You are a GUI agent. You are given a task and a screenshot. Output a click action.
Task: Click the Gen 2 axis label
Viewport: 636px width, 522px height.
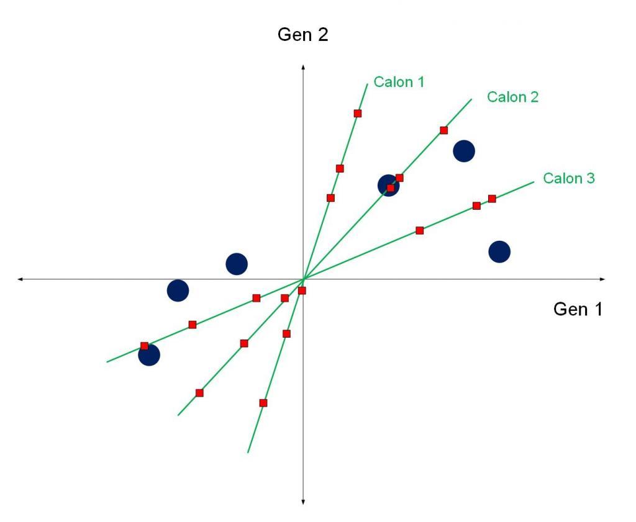click(x=302, y=35)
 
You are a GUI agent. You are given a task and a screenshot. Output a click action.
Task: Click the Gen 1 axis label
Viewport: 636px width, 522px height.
click(x=578, y=309)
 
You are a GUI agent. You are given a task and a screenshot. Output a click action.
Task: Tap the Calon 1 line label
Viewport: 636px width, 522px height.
click(x=399, y=82)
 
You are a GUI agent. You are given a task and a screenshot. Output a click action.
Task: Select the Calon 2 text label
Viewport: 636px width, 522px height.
click(x=512, y=97)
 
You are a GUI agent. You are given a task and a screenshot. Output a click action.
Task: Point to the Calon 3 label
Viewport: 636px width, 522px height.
click(x=569, y=178)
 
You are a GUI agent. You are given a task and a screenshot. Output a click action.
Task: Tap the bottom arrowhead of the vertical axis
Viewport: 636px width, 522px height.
click(x=303, y=502)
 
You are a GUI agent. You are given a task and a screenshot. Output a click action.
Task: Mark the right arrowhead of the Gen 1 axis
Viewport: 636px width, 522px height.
click(x=602, y=279)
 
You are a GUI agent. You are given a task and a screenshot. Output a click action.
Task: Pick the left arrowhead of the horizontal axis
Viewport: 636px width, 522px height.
click(x=20, y=279)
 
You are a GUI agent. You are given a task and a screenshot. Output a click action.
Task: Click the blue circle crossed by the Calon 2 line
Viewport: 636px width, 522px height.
click(x=389, y=185)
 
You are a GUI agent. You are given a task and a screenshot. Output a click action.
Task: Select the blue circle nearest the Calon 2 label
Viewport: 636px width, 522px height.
click(x=464, y=151)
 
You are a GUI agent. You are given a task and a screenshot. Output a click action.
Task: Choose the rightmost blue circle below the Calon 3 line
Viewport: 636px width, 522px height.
click(x=499, y=251)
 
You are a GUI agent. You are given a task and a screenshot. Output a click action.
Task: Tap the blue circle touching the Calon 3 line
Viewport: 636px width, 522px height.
click(x=149, y=355)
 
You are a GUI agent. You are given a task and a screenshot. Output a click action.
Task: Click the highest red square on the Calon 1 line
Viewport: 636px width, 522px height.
click(x=357, y=114)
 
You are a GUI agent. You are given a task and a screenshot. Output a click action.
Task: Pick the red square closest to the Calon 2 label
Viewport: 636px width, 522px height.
click(x=443, y=130)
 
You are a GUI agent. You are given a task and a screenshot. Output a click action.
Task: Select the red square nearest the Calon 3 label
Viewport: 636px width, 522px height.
click(x=492, y=199)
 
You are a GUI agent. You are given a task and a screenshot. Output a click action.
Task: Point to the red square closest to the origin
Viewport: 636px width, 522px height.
click(x=302, y=290)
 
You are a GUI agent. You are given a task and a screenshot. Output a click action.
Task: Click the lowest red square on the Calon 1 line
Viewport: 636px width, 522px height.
click(x=263, y=403)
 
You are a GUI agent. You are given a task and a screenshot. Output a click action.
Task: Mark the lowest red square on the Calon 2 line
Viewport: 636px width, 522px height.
click(x=199, y=393)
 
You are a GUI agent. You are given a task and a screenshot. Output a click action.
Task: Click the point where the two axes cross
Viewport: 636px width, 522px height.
click(x=303, y=279)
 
